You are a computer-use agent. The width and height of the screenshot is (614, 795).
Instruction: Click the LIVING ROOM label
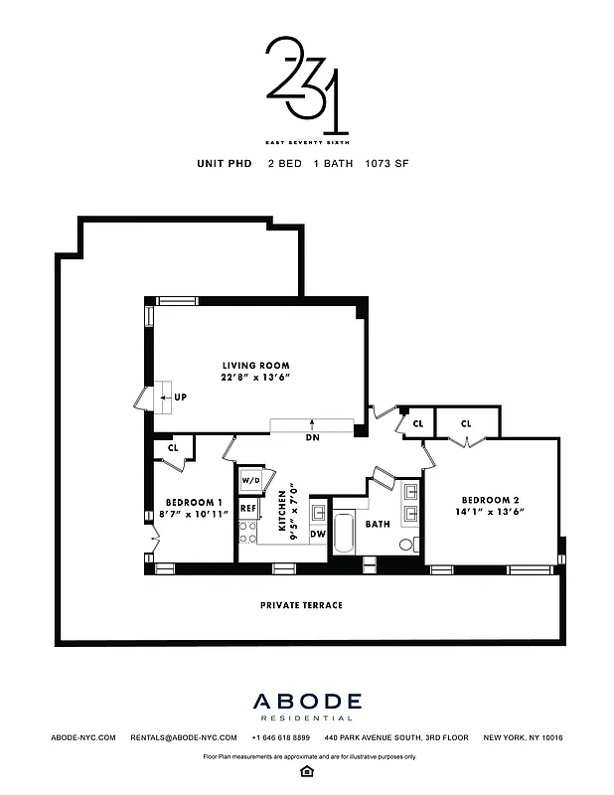click(x=254, y=365)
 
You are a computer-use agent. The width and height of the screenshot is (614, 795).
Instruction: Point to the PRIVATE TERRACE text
click(x=301, y=604)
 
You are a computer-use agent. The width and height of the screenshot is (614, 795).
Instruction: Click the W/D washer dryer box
click(x=250, y=482)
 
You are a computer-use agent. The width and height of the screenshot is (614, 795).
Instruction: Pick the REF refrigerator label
click(x=248, y=509)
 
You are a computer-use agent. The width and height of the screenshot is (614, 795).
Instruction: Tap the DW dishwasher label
click(x=318, y=535)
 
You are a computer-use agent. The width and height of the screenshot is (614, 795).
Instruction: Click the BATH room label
click(x=378, y=524)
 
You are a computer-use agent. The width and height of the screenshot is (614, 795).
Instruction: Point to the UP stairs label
click(x=180, y=397)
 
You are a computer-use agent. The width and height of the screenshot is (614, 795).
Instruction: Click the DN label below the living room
click(x=312, y=437)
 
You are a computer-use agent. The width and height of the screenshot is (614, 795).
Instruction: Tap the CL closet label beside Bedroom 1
click(x=173, y=448)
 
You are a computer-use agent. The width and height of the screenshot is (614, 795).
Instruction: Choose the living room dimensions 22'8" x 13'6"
click(x=254, y=378)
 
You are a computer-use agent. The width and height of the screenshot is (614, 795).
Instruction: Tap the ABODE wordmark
click(x=306, y=702)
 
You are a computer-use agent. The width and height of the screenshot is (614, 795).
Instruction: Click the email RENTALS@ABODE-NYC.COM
click(x=184, y=737)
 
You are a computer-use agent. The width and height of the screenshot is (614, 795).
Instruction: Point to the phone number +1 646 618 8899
click(x=281, y=737)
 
